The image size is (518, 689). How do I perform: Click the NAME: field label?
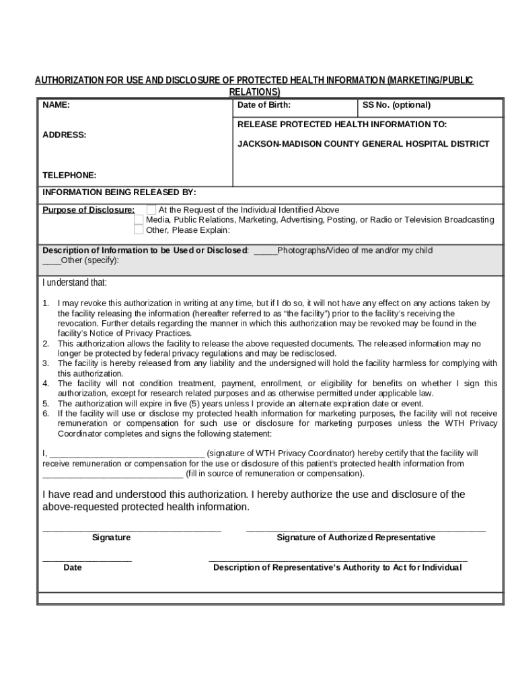(57, 105)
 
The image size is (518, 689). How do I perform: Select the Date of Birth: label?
(264, 105)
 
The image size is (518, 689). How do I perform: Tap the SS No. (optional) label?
(396, 105)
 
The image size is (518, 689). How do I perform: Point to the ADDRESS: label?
(65, 135)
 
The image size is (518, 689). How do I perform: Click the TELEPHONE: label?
(69, 175)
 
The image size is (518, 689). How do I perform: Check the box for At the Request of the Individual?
(151, 210)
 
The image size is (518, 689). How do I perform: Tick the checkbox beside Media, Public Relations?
(139, 220)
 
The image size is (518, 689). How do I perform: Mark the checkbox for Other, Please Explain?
(139, 230)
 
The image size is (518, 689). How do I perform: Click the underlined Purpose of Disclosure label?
(89, 210)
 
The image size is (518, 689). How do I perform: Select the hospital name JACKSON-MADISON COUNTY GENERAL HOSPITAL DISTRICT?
(363, 144)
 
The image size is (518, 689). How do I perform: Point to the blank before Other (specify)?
(52, 262)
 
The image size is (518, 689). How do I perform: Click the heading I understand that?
(75, 283)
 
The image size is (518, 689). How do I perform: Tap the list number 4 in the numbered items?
(46, 384)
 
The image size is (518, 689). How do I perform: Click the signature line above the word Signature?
(132, 530)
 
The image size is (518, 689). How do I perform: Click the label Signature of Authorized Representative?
(356, 538)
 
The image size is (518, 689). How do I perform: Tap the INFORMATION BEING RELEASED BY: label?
(120, 192)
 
